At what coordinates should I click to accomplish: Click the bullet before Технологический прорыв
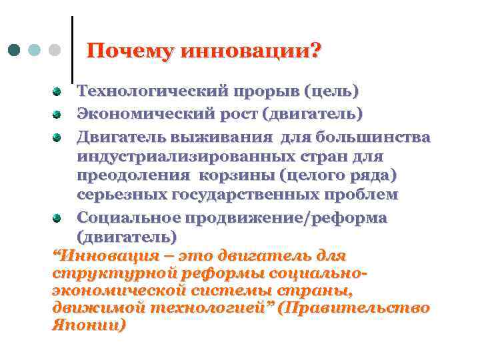coord(58,90)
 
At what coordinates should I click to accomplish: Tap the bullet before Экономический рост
coord(58,114)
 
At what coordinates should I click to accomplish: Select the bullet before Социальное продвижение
coord(58,218)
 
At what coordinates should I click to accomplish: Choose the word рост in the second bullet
coord(237,114)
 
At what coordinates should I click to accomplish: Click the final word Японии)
coord(89,326)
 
